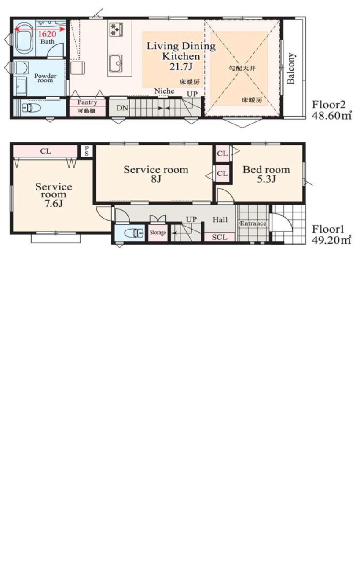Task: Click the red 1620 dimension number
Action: (47, 34)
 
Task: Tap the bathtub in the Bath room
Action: (24, 38)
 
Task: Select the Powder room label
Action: (45, 78)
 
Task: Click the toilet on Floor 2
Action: (31, 108)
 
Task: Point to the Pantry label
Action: (87, 102)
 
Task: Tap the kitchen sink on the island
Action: (116, 63)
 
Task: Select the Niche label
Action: (164, 91)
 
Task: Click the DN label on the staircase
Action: (122, 108)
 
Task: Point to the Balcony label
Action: (290, 68)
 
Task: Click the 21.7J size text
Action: (181, 66)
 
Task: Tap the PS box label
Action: (87, 151)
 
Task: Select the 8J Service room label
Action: (156, 174)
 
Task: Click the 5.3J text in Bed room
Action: (266, 179)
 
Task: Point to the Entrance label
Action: (253, 223)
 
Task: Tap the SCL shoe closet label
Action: (220, 237)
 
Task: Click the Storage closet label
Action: (158, 233)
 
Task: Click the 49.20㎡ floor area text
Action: (331, 240)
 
